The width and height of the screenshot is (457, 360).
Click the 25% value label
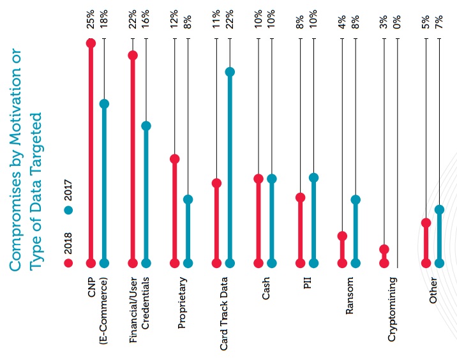click(91, 20)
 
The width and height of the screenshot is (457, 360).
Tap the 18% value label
click(105, 20)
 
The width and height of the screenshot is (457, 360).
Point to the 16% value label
click(146, 20)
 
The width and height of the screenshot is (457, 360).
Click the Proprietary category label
click(182, 303)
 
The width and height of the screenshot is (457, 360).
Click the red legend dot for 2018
click(68, 262)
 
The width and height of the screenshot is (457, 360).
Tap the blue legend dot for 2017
click(68, 209)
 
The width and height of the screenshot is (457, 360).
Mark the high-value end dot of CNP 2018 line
click(91, 43)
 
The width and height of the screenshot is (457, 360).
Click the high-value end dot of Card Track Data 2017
click(230, 72)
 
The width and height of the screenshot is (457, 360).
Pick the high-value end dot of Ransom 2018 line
click(342, 236)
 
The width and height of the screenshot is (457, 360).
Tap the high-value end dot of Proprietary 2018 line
click(174, 159)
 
